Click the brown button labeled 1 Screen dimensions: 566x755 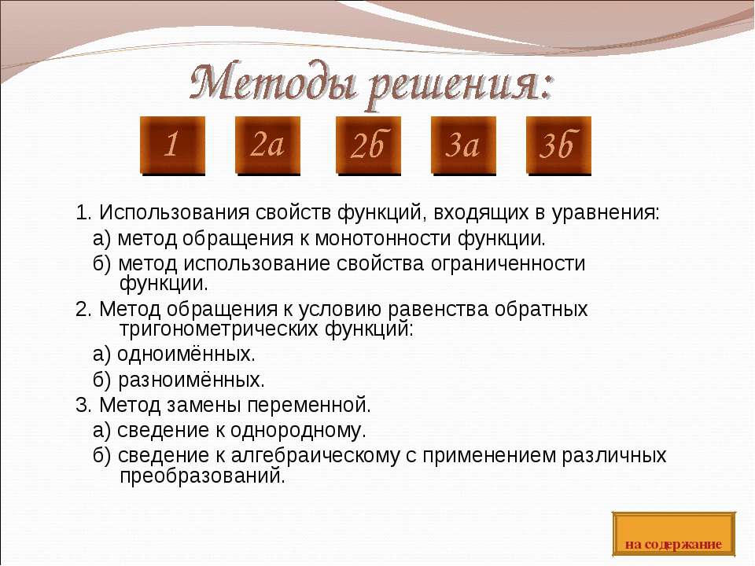pyautogui.click(x=172, y=145)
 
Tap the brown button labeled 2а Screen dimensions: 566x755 pyautogui.click(x=267, y=145)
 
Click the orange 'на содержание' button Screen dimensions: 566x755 pyautogui.click(x=673, y=535)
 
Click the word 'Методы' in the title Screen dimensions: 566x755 pyautogui.click(x=272, y=85)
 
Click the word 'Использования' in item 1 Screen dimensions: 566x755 pyautogui.click(x=169, y=213)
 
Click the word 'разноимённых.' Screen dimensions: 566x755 pyautogui.click(x=191, y=380)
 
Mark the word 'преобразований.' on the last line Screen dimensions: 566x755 pyautogui.click(x=202, y=476)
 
